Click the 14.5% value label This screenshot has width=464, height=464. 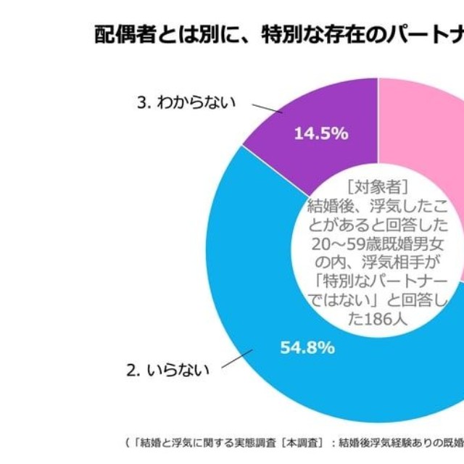[x=320, y=133]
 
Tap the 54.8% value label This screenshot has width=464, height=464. [x=307, y=347]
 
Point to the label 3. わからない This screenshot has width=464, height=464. [x=187, y=102]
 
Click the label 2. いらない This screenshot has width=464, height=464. [x=167, y=370]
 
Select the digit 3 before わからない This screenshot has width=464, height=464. [x=140, y=102]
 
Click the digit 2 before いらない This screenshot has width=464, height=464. [x=131, y=370]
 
